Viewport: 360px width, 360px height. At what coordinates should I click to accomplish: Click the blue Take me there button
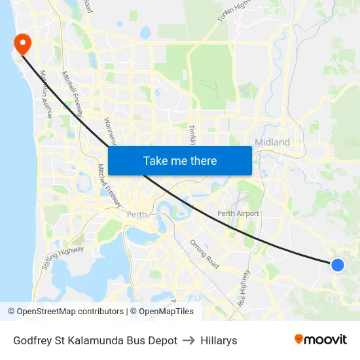[179, 160]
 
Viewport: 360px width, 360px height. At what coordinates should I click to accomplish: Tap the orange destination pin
[22, 44]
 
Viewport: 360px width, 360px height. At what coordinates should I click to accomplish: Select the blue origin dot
[337, 264]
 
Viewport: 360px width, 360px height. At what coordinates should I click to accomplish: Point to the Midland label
[272, 142]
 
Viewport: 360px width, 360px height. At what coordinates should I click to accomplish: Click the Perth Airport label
[238, 213]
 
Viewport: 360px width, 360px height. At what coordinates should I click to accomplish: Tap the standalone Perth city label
[137, 215]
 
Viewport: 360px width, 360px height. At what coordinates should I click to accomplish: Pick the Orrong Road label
[205, 255]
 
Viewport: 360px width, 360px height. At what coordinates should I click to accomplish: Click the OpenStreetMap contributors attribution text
[70, 312]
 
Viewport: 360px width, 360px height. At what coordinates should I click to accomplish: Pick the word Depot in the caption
[163, 340]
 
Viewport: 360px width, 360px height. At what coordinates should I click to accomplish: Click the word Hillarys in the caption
[219, 340]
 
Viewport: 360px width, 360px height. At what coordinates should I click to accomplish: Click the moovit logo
[321, 340]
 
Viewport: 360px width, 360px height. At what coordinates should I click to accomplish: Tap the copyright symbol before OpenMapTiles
[133, 312]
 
